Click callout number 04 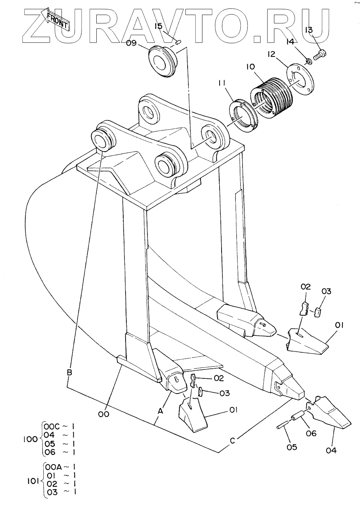pos(331,450)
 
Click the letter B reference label pos(69,373)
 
